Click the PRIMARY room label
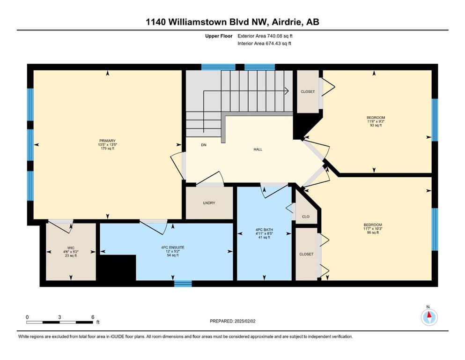coord(107,141)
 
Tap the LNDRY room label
coord(209,203)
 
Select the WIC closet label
coord(71,248)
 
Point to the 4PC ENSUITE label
coord(173,247)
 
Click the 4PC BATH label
coord(264,230)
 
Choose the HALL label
coord(258,150)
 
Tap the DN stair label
coord(204,145)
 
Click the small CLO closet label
coord(306,217)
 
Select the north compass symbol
coord(429,317)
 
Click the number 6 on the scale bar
coord(93,317)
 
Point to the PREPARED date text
coord(232,321)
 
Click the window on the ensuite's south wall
coord(183,284)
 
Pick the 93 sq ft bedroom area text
coord(376,125)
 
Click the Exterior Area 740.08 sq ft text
coord(265,36)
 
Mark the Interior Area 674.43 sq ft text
coord(264,43)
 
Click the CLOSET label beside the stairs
coord(308,92)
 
